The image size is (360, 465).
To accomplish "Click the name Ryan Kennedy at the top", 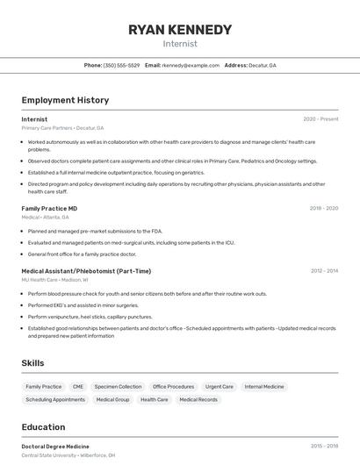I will coord(180,30).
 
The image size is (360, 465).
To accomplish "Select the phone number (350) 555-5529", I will coord(121,65).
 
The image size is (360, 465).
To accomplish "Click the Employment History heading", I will coord(65,100).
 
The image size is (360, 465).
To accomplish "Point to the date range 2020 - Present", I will coord(320,119).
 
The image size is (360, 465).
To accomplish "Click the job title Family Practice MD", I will coord(49,209).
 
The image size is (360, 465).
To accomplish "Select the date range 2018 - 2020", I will coord(324,209).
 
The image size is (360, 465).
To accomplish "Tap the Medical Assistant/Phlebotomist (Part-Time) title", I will coord(86,271).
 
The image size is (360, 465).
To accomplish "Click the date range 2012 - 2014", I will coord(324,271).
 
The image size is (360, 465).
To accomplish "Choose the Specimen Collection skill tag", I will coord(118,386).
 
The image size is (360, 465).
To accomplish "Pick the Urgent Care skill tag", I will coord(220,386).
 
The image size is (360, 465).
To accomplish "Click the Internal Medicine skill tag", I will coord(264,386).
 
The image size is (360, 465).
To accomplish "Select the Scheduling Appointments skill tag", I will coord(55,399).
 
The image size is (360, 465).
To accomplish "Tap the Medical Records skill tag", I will coord(198,399).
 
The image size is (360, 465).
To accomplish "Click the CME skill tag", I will coord(78,386).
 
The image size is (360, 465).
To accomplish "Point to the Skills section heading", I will coord(33,362).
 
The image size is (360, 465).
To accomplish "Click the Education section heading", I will coord(44,427).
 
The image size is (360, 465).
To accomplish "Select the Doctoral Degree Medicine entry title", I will coord(55,447).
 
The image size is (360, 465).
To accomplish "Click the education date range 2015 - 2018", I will coord(324,447).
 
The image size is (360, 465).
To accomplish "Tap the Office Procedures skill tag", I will coord(173,386).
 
